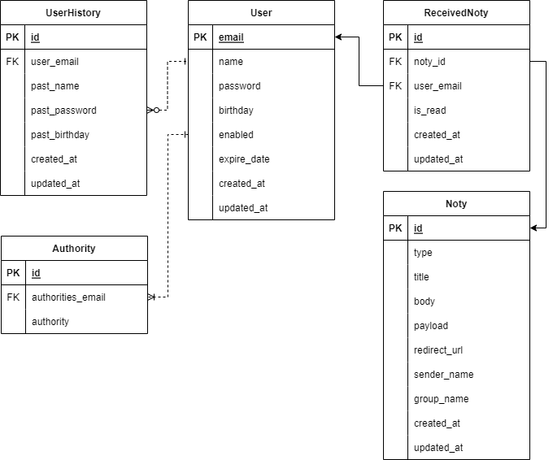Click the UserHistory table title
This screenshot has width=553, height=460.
[x=73, y=12]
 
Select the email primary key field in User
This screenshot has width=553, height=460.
[x=231, y=37]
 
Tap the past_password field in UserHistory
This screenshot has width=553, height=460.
[x=63, y=111]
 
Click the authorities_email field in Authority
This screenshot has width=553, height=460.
[x=68, y=297]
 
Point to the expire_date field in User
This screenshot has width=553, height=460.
[x=244, y=159]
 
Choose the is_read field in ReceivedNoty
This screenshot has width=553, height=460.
[x=429, y=111]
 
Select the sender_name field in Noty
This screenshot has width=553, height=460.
[x=443, y=375]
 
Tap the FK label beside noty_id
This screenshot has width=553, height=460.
[x=395, y=62]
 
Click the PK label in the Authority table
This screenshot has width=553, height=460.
[x=13, y=273]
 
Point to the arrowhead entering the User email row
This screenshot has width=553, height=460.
[x=339, y=37]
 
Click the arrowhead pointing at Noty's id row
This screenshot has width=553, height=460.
[x=534, y=228]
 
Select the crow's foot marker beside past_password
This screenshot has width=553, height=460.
[x=153, y=111]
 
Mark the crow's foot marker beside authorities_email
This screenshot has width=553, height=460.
[x=152, y=297]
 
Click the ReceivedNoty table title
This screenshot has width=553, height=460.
[x=456, y=12]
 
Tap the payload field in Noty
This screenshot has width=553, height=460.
[x=430, y=326]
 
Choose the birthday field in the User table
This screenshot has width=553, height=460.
[x=236, y=111]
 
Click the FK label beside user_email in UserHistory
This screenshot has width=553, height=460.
[x=12, y=62]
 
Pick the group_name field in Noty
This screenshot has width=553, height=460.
[x=441, y=399]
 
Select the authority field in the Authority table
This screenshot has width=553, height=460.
[x=50, y=322]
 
